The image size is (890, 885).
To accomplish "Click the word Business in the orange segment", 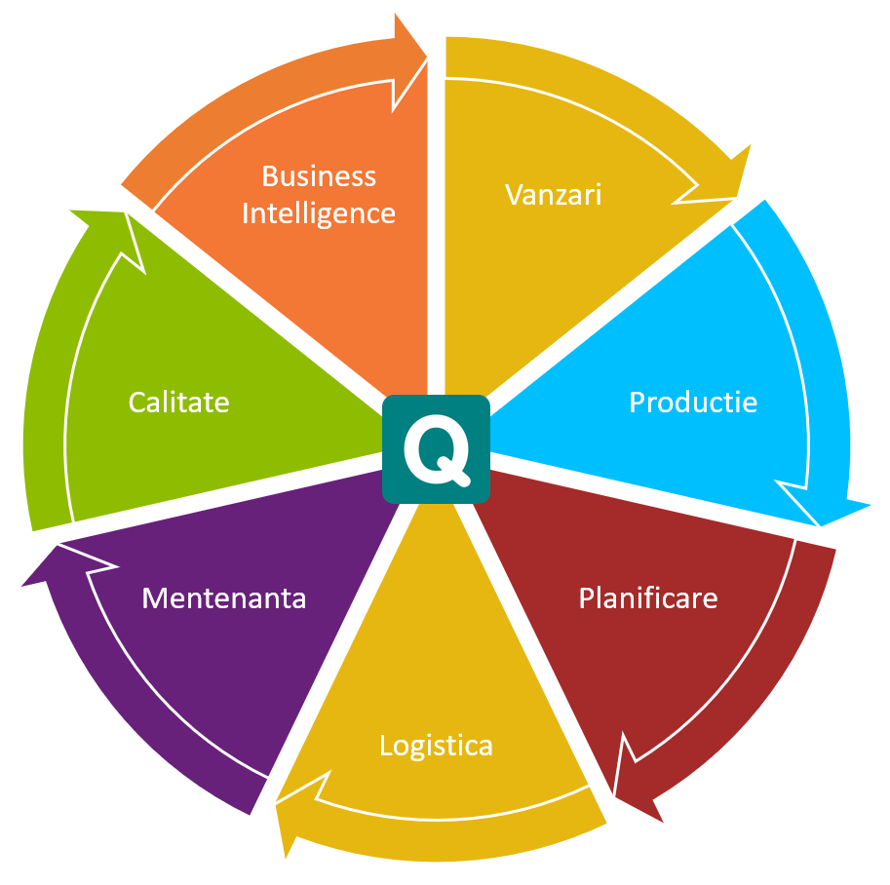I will coord(319,176).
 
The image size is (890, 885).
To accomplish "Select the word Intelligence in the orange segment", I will coord(319,212).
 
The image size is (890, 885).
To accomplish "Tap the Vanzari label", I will coord(553,194).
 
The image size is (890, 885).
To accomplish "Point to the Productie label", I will coord(692,402).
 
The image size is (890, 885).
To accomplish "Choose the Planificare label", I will coord(647,596).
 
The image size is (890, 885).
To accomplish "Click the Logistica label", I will coord(436,746).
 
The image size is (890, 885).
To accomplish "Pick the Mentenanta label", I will coord(223,596).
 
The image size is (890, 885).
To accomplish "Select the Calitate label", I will coord(178,402).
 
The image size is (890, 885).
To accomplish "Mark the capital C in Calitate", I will coord(137,402).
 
